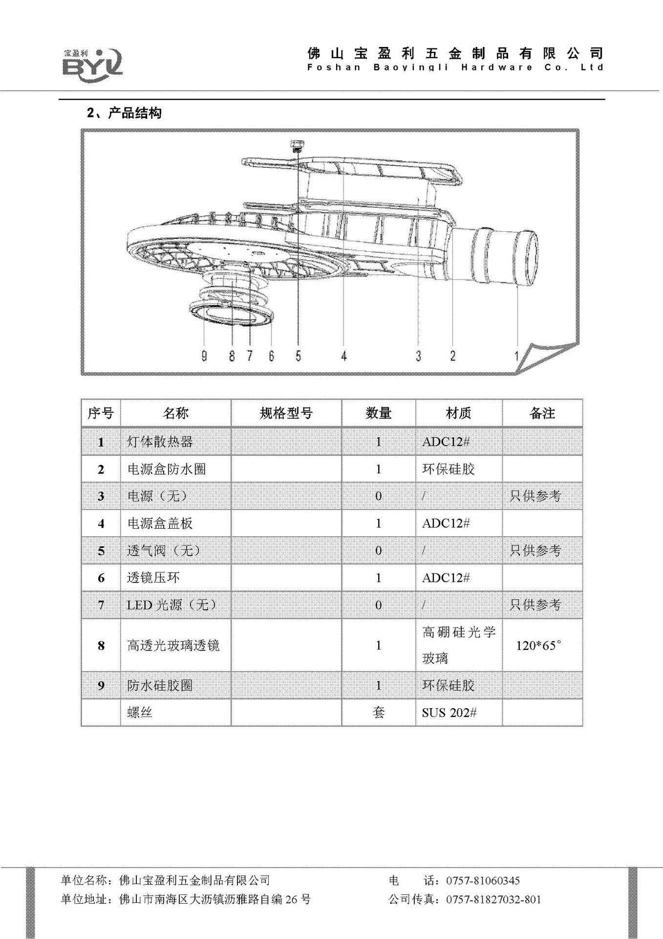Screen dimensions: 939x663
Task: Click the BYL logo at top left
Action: (x=92, y=63)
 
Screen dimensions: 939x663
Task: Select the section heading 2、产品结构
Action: (x=124, y=113)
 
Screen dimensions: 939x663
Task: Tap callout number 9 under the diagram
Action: (x=204, y=356)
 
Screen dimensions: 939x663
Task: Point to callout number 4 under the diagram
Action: (x=344, y=356)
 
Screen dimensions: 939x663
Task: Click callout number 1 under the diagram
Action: (x=516, y=356)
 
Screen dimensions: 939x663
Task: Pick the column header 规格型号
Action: (x=286, y=413)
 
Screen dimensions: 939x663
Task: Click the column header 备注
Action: (x=542, y=413)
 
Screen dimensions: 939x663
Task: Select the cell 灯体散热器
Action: (x=160, y=442)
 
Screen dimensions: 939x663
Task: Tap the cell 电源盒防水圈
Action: (x=167, y=469)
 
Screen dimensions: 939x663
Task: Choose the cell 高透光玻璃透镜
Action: (x=173, y=646)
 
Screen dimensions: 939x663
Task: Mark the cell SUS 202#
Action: (x=449, y=713)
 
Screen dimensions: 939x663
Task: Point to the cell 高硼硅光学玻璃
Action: (x=458, y=645)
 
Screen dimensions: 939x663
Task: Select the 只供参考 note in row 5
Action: (x=535, y=551)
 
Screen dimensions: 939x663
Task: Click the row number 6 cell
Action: (x=101, y=578)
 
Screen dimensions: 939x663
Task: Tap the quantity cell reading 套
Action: (x=379, y=713)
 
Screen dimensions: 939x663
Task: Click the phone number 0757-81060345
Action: (x=483, y=881)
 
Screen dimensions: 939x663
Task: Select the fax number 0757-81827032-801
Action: (x=493, y=899)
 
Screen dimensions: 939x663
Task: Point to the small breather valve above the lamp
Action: (x=296, y=145)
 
